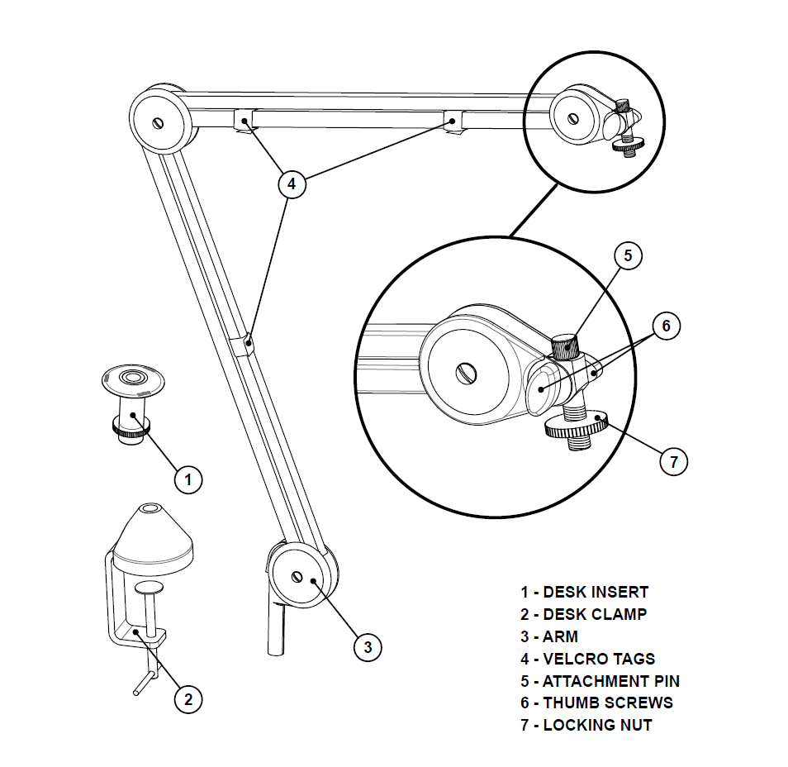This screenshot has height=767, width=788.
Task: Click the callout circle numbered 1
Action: click(188, 479)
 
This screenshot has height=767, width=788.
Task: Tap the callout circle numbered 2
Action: click(188, 699)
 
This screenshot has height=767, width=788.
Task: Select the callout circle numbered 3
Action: click(368, 646)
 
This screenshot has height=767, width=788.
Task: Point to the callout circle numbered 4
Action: click(291, 183)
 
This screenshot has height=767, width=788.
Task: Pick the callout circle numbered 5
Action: click(628, 256)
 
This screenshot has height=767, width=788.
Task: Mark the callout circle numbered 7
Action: click(673, 461)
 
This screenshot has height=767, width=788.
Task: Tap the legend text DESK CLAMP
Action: click(594, 614)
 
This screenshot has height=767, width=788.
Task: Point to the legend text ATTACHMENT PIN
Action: click(610, 681)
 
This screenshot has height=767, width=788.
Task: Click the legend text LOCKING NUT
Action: click(596, 725)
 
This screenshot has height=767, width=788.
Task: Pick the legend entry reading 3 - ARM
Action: click(549, 636)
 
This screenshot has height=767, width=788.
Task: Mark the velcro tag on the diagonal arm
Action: click(244, 345)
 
